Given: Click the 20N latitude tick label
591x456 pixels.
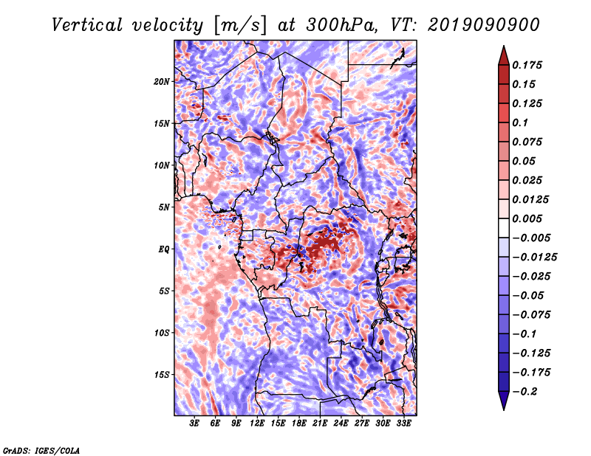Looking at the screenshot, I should click(x=163, y=81).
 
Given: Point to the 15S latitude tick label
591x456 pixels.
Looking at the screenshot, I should click(x=163, y=375).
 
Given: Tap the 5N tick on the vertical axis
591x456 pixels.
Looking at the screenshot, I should click(x=165, y=207).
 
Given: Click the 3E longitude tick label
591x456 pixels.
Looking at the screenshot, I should click(x=195, y=424).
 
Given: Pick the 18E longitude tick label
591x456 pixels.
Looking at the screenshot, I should click(x=299, y=424).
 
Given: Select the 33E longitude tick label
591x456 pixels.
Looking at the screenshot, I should click(x=403, y=424).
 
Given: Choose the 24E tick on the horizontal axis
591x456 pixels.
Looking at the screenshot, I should click(x=341, y=424).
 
